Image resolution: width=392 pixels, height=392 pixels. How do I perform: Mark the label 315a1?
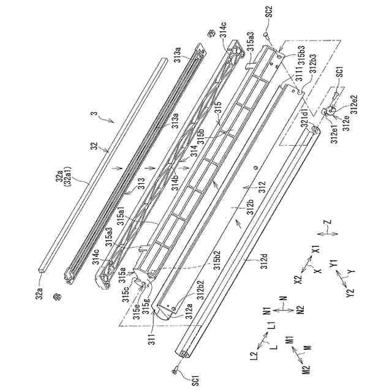coord(130,213)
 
